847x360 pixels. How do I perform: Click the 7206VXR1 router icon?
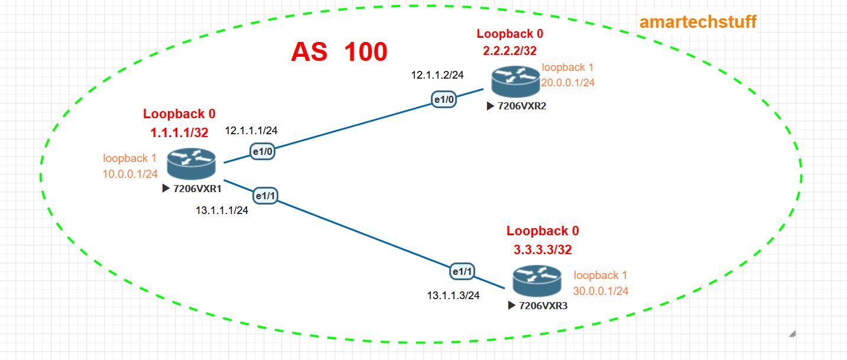(x=191, y=164)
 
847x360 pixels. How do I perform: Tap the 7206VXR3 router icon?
(x=537, y=281)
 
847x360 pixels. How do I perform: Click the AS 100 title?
(x=339, y=52)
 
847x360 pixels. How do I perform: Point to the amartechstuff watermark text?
(x=697, y=22)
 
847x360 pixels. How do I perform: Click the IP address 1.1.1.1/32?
(x=179, y=132)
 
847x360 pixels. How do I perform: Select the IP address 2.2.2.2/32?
(x=510, y=51)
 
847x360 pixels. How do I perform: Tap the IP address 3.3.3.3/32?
(x=543, y=249)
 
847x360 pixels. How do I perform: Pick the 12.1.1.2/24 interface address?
(x=437, y=75)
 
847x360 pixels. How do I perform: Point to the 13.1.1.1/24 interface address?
(x=222, y=210)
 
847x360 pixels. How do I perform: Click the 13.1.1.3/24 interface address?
(x=453, y=294)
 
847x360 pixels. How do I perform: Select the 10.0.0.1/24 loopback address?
(x=130, y=174)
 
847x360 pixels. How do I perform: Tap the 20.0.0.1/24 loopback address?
(x=568, y=83)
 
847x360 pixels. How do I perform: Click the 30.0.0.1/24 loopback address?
(x=601, y=291)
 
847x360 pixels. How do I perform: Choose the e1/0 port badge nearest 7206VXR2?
(x=444, y=100)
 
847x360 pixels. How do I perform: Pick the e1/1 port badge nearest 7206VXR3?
(x=462, y=271)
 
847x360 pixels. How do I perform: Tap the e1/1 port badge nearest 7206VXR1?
(x=265, y=195)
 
